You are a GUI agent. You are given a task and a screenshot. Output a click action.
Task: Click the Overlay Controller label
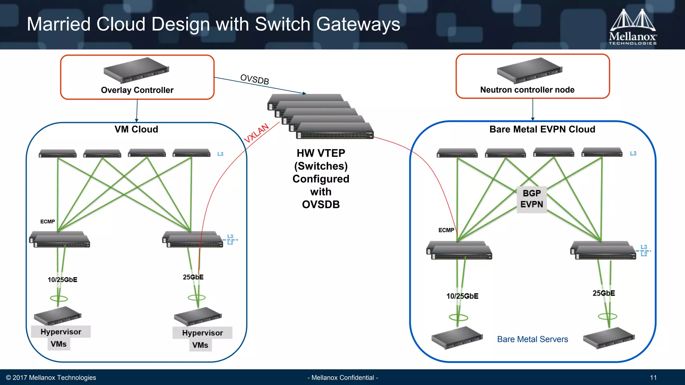pos(137,90)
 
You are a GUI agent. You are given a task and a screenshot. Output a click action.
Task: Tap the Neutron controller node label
pos(527,90)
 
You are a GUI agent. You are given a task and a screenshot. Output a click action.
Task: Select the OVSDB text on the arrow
pos(255,80)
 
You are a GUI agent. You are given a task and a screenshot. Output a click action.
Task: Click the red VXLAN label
pos(256,133)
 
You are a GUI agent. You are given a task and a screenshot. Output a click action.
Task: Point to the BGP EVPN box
pos(531,199)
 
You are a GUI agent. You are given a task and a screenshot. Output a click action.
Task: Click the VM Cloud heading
pos(136,129)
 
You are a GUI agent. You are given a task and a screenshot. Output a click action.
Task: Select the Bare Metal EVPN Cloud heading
pos(542,129)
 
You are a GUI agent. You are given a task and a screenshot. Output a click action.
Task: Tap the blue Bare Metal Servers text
pos(532,339)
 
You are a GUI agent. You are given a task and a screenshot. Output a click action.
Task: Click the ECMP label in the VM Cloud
pos(47,222)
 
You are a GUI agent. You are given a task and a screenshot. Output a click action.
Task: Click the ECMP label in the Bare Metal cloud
pos(446,230)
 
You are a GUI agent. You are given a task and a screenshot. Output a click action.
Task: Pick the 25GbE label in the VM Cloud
pos(193,277)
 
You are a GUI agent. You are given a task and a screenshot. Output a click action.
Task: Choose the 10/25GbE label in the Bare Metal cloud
pos(462,296)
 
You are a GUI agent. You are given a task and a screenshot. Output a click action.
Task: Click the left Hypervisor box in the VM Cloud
pos(61,332)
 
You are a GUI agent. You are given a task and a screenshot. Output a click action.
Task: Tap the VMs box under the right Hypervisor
pos(200,345)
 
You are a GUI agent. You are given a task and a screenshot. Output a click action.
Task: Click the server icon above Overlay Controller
pos(136,70)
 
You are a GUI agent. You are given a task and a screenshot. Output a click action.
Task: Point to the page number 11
pos(653,378)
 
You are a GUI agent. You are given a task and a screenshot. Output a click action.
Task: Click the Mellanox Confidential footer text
pos(342,378)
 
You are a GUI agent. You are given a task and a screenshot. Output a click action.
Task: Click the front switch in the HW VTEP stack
pos(335,131)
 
